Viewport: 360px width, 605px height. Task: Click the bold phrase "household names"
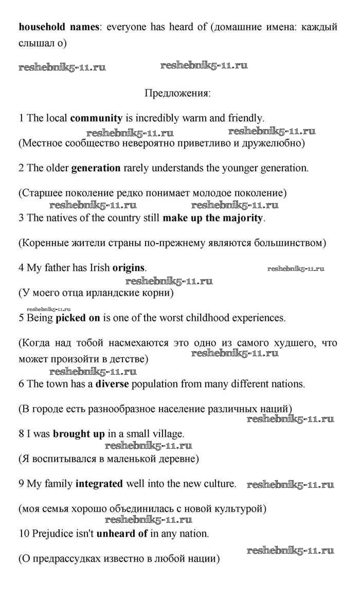click(58, 27)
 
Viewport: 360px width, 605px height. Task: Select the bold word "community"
click(96, 118)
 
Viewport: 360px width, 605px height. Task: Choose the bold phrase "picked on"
click(78, 318)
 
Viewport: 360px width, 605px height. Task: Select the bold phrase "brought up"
click(79, 434)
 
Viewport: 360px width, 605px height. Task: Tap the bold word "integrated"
click(99, 484)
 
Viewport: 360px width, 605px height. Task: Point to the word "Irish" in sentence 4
click(98, 268)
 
